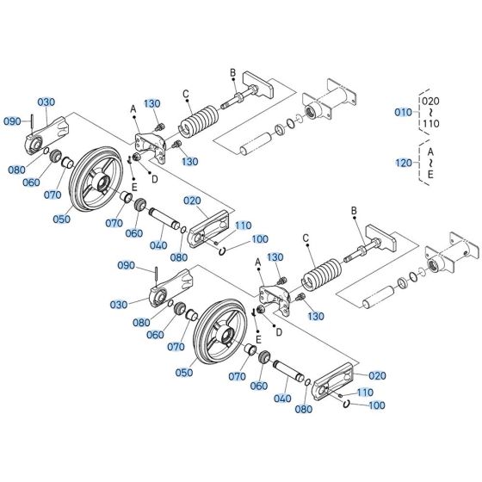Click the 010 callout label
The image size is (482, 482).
(402, 112)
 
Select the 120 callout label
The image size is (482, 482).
(402, 161)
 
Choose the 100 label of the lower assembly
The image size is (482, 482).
(376, 405)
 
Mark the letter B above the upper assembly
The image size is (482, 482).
(232, 71)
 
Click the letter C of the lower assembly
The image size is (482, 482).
(306, 238)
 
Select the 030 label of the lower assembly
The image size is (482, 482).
(118, 305)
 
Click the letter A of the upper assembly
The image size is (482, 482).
(133, 108)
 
